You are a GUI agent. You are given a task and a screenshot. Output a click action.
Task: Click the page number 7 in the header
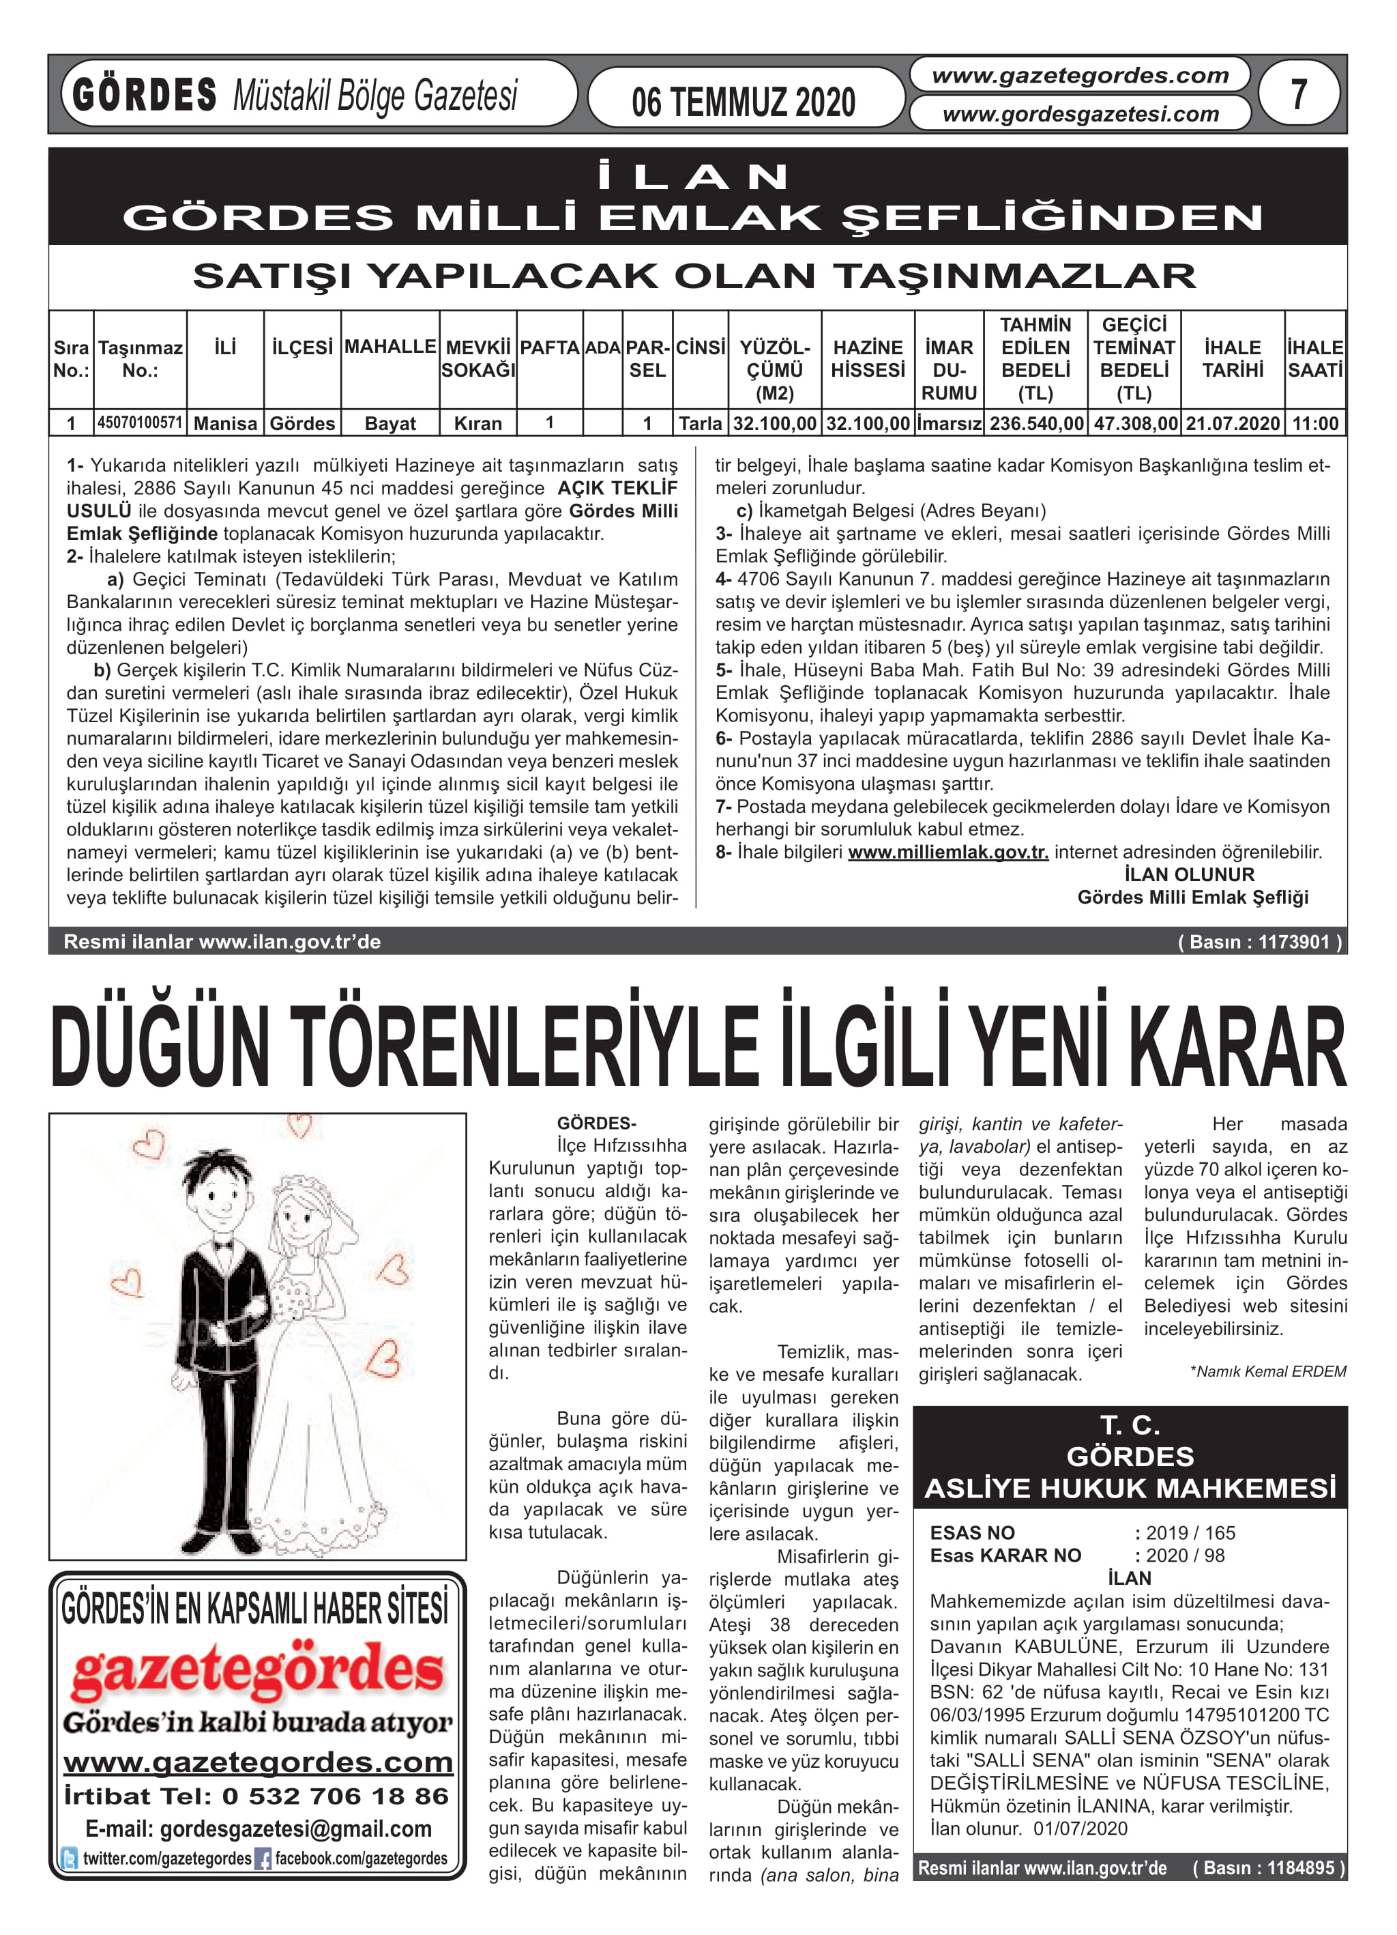pos(1298,94)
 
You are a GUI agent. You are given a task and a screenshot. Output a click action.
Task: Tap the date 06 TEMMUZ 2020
pos(743,102)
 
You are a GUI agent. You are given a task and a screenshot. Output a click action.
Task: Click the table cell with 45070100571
pos(140,422)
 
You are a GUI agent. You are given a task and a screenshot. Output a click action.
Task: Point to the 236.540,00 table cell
pos(1035,423)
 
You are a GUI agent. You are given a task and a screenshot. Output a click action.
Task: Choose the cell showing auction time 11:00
pos(1314,423)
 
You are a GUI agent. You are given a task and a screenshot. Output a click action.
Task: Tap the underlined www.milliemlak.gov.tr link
pos(947,852)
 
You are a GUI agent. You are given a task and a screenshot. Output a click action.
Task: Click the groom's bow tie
pos(224,1245)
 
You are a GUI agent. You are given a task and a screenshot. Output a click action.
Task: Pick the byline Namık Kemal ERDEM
pos(1267,1371)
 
